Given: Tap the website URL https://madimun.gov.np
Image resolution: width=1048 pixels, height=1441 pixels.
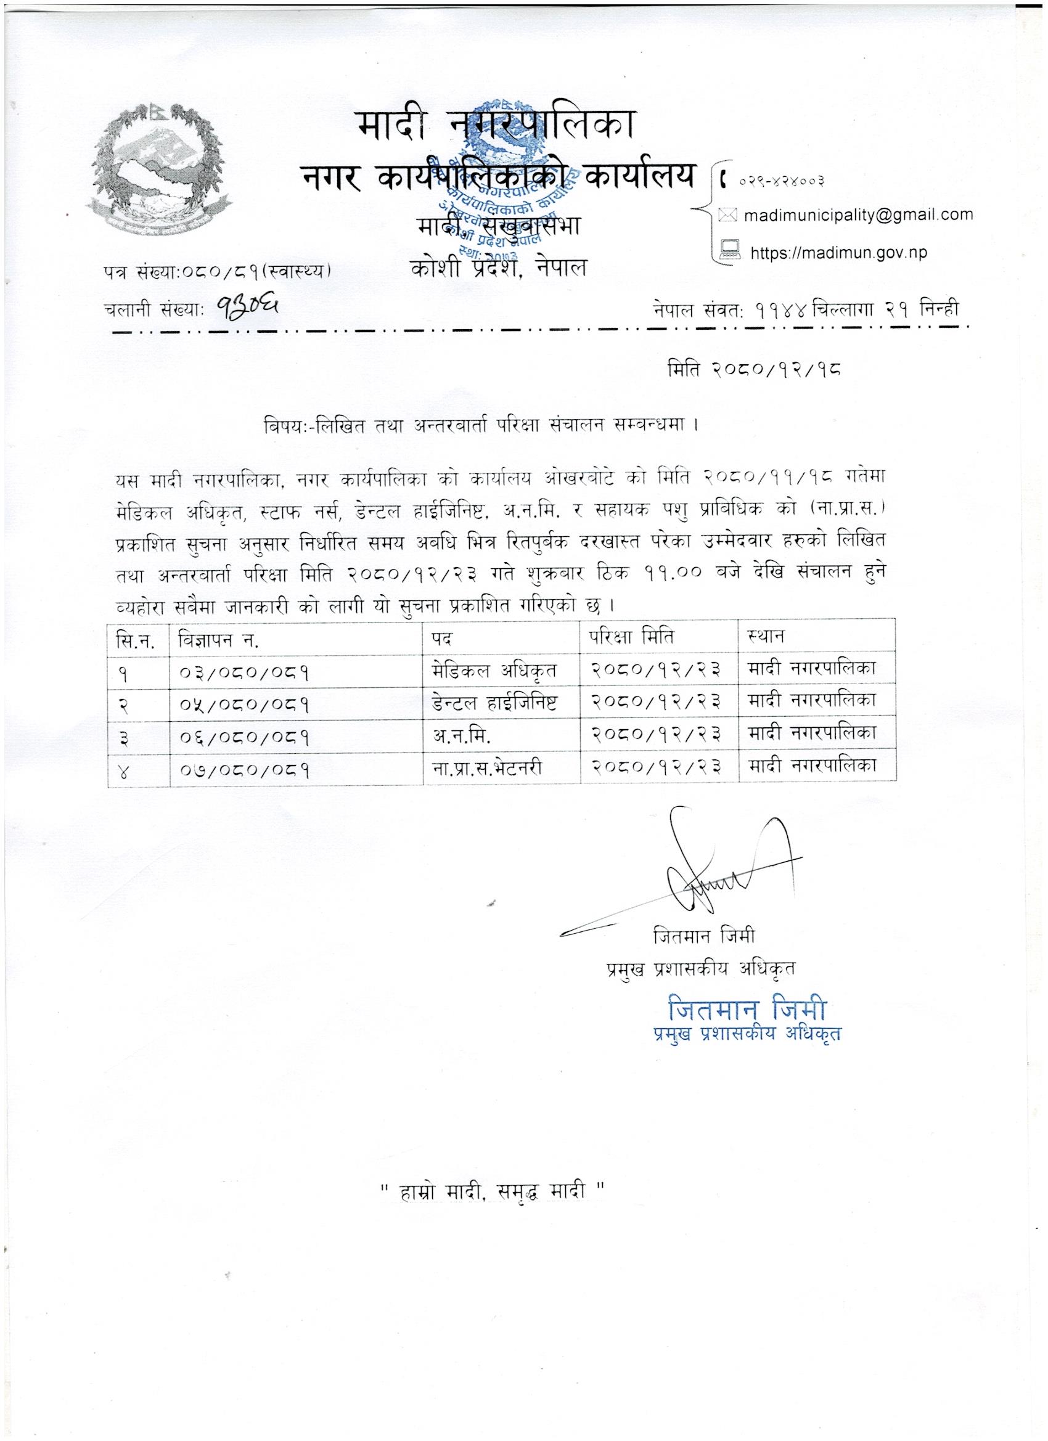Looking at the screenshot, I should [838, 252].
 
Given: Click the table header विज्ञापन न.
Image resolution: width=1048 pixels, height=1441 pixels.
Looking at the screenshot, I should [219, 637].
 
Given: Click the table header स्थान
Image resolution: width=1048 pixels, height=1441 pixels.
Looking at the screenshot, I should [763, 635].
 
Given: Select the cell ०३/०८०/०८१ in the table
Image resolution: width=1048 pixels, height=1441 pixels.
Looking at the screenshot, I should [244, 672].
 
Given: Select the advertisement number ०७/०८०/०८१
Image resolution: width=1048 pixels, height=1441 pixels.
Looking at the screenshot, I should [244, 770].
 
